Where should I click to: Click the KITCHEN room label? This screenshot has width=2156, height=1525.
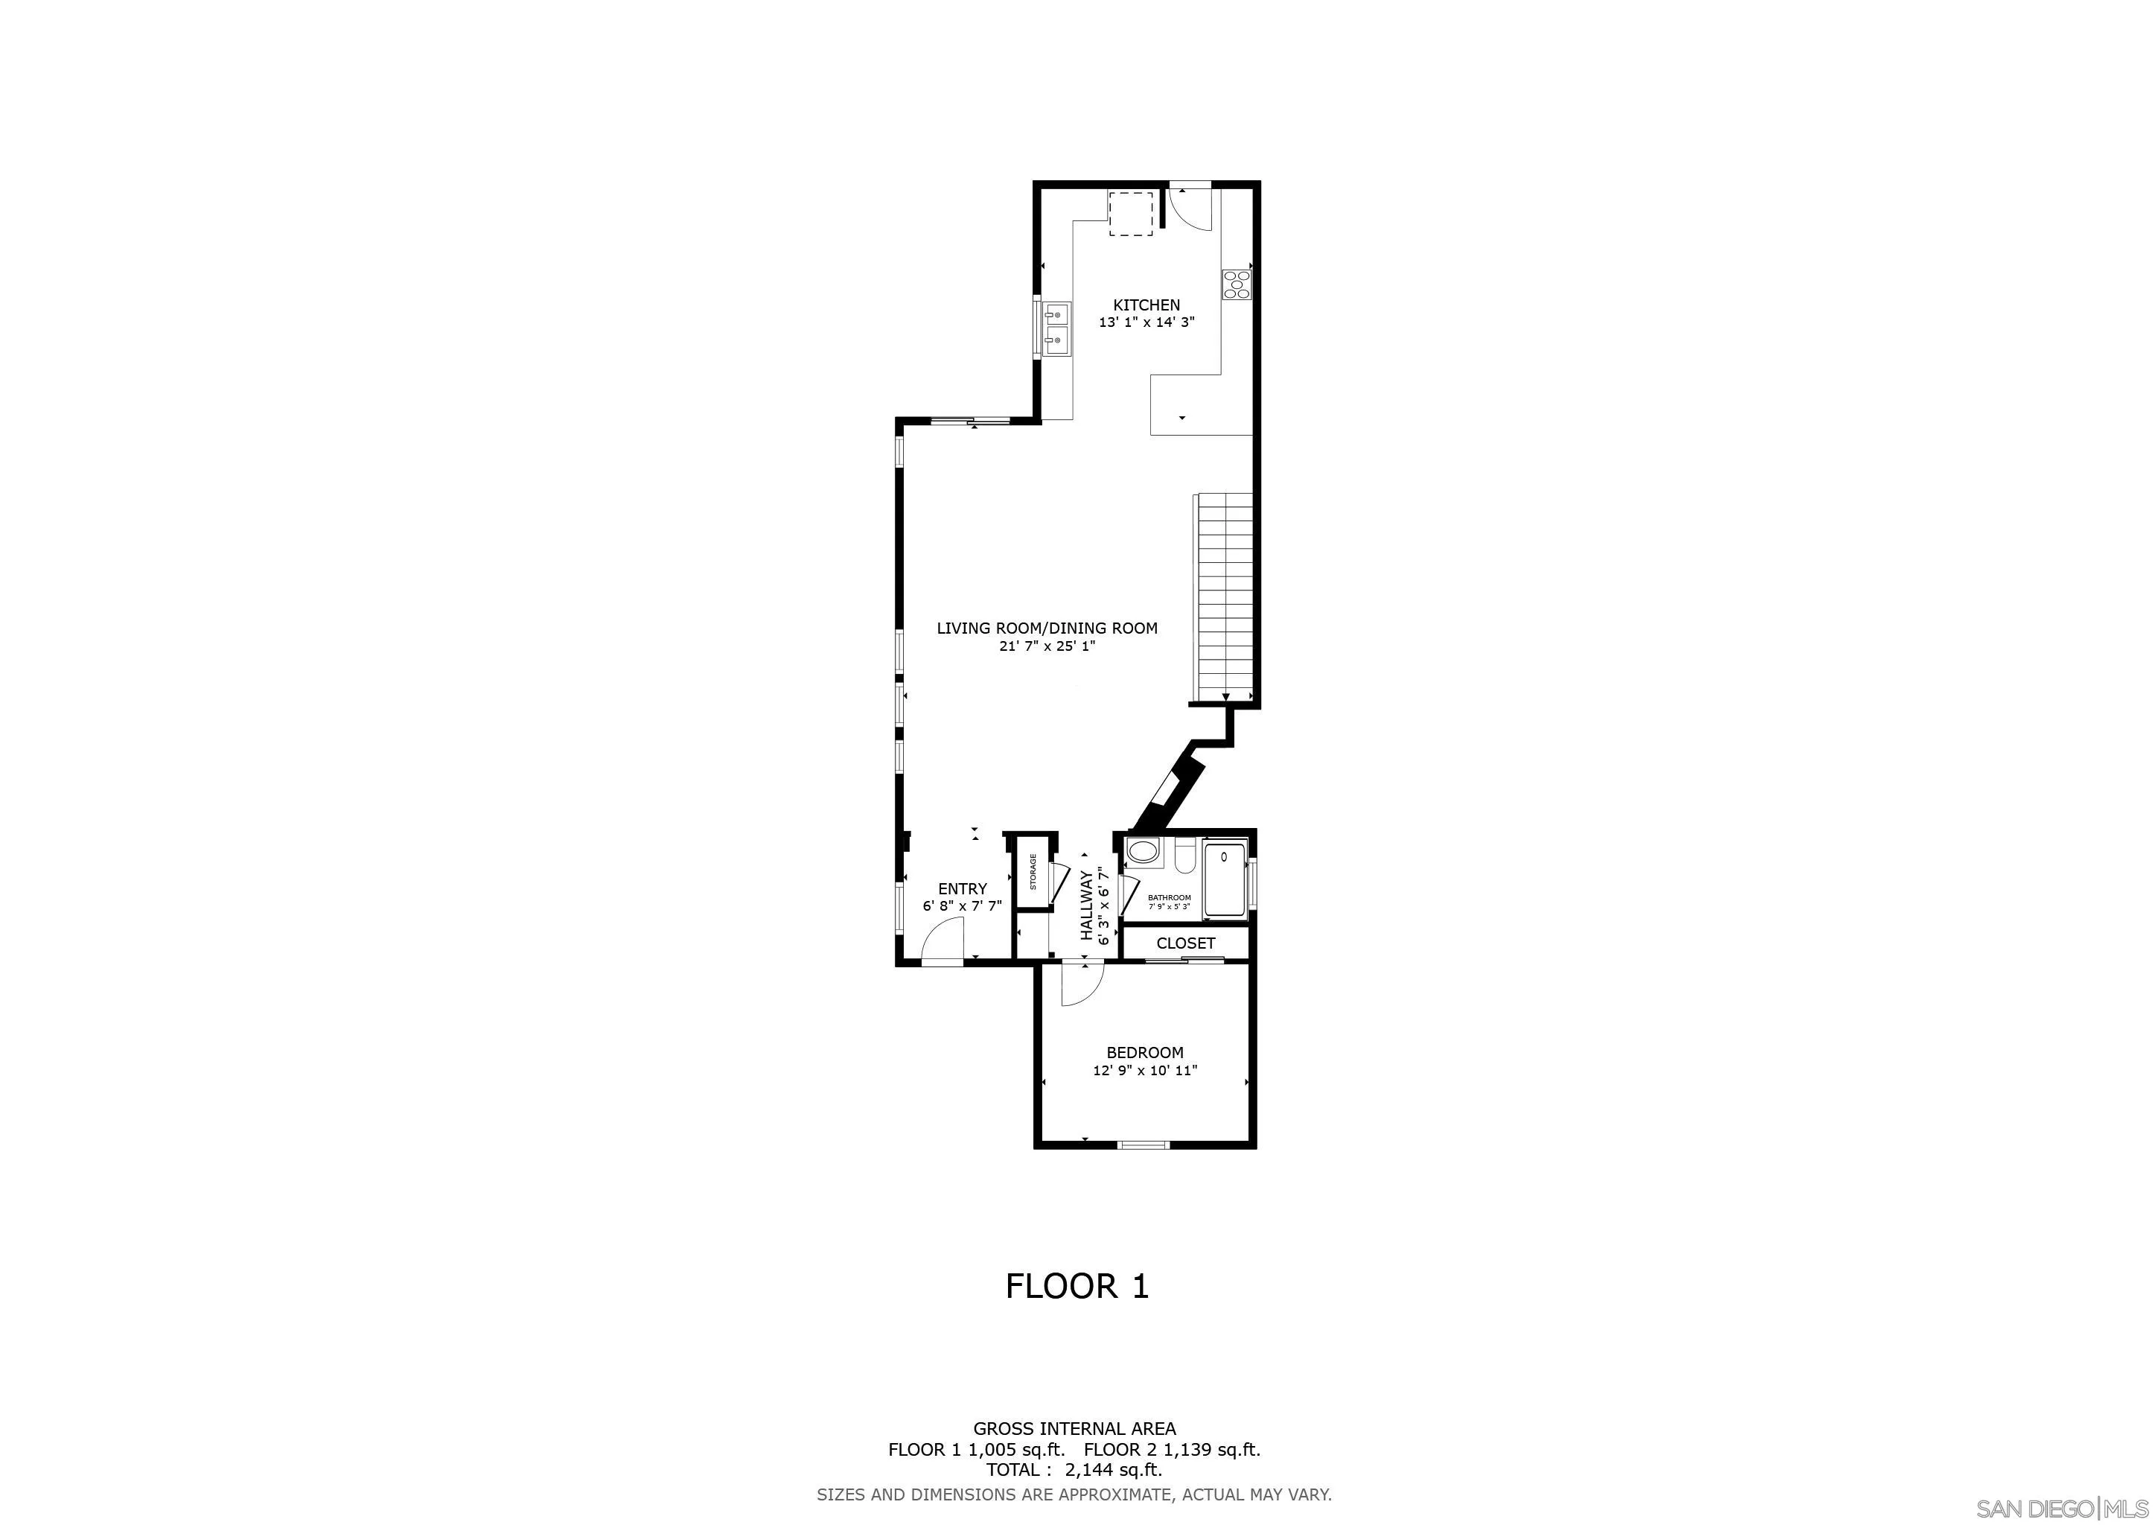pos(1146,305)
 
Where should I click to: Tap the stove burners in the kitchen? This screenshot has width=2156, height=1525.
pos(1236,284)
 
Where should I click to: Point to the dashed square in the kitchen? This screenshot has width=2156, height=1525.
pos(1131,214)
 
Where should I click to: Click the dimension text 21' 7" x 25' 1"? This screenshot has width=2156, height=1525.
pos(1047,646)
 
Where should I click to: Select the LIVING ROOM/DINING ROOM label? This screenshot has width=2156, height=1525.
pos(1047,628)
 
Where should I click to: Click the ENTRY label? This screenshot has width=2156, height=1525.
pos(963,888)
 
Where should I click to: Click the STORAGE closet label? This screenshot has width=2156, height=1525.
pos(1033,871)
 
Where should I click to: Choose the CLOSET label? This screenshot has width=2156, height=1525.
pos(1185,943)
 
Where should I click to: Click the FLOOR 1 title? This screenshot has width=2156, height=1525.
pos(1077,1285)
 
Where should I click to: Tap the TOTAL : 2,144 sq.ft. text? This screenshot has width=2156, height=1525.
pos(1074,1470)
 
